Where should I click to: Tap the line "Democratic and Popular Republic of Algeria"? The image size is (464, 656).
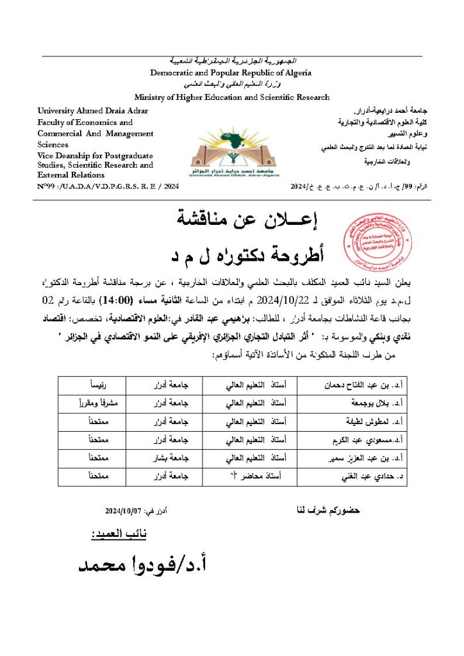pyautogui.click(x=231, y=72)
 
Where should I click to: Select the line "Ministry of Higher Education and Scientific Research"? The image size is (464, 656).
pyautogui.click(x=232, y=97)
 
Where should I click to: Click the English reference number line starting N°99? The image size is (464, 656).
pyautogui.click(x=108, y=186)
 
